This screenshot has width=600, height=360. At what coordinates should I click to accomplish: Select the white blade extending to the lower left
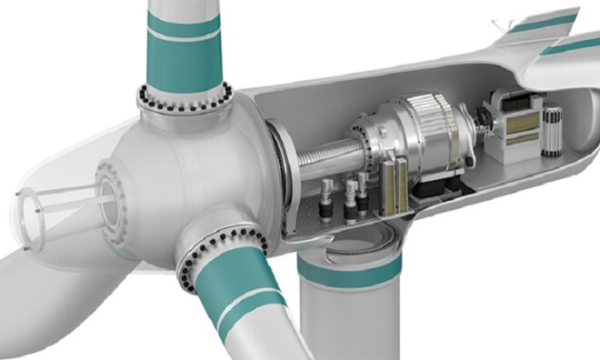45,291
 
